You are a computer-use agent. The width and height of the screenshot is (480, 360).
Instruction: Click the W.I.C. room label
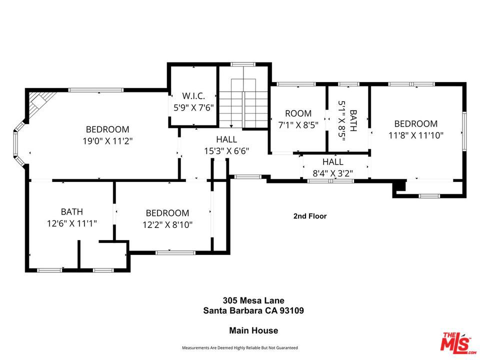[x=193, y=95]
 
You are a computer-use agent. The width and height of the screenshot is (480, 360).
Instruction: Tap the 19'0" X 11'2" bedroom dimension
[x=107, y=141]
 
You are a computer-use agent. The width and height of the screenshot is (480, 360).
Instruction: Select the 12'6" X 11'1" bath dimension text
[x=72, y=223]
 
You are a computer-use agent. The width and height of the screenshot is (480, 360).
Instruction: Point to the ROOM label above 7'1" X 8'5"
[x=298, y=113]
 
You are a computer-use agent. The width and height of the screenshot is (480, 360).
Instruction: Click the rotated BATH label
[x=353, y=120]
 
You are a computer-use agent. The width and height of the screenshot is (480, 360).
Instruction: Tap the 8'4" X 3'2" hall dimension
[x=332, y=174]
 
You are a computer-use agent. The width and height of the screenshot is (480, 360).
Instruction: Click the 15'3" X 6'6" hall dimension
[x=226, y=150]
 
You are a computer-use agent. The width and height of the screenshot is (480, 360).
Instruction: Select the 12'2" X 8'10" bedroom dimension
[x=167, y=224]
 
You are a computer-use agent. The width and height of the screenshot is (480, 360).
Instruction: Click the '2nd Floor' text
[x=309, y=216]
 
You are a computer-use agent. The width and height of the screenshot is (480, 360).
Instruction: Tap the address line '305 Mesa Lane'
[x=253, y=300]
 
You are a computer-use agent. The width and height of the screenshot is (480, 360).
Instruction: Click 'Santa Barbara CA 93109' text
[x=253, y=310]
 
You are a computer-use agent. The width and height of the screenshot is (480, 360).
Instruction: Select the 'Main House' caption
[x=253, y=330]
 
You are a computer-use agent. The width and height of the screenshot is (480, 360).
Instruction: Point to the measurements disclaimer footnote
[x=239, y=347]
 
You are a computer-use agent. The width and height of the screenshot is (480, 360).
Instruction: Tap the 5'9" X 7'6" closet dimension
[x=193, y=107]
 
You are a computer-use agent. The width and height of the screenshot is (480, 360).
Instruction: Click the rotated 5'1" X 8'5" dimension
[x=342, y=120]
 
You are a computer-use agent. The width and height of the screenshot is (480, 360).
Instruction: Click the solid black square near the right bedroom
[x=399, y=186]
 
